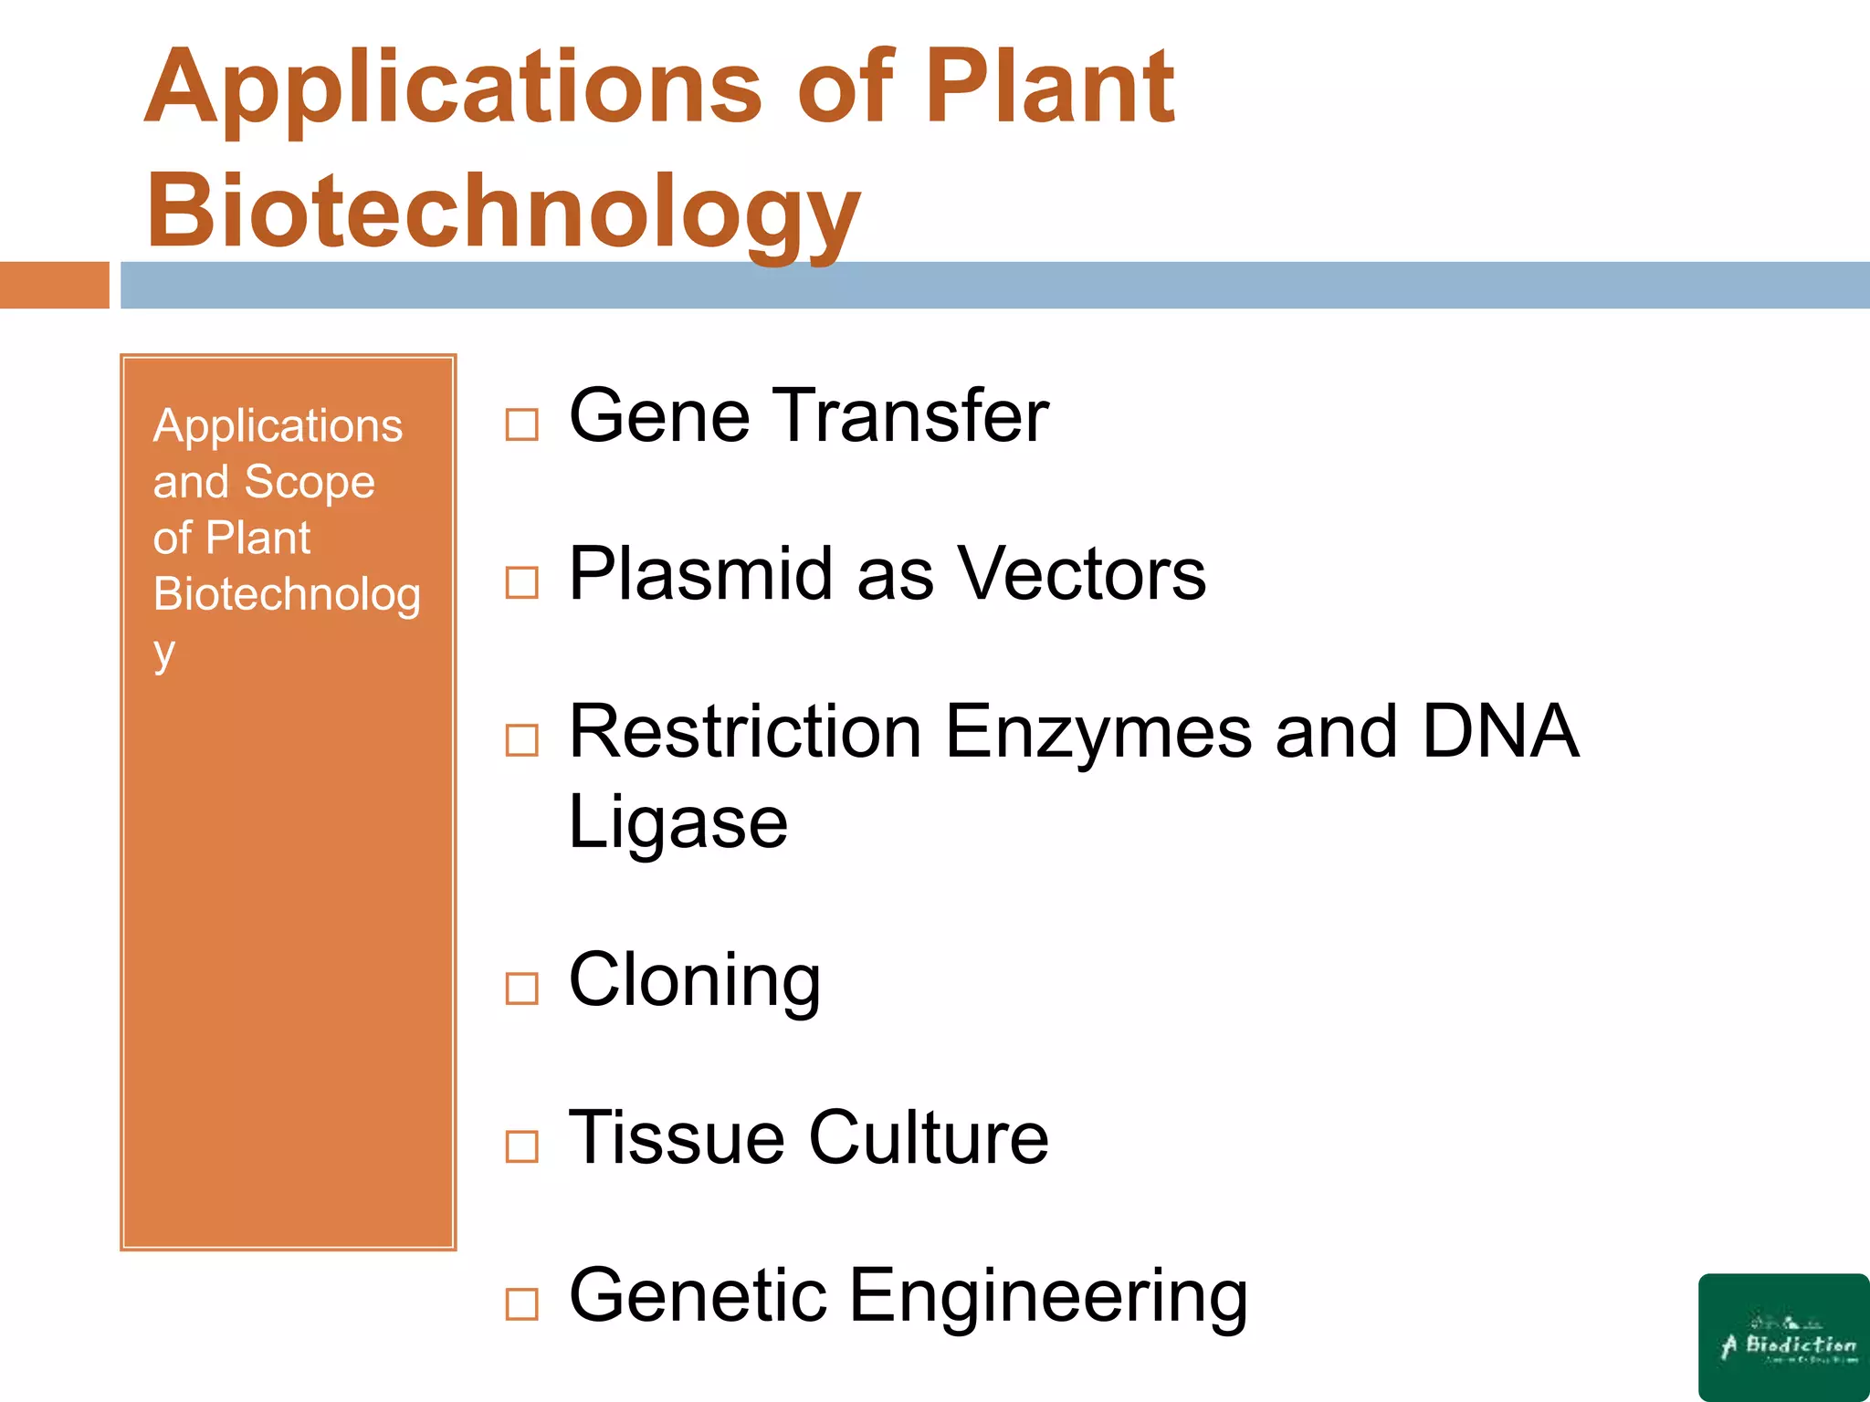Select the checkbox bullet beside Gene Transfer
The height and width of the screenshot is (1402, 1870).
coord(521,424)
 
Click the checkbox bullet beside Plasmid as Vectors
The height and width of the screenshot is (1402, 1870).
coord(521,582)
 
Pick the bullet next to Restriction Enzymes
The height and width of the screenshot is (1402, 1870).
coord(521,740)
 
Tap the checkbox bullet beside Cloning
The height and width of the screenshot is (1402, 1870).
coord(521,989)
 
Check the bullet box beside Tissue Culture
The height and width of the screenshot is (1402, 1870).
coord(521,1146)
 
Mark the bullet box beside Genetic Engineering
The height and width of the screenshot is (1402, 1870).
coord(521,1304)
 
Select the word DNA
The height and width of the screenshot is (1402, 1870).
coord(1500,732)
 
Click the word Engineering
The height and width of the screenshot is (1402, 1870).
coord(1048,1297)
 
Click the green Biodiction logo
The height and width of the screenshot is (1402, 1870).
coord(1783,1336)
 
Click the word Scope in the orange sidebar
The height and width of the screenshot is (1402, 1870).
coord(309,482)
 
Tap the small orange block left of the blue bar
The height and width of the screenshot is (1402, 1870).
coord(54,285)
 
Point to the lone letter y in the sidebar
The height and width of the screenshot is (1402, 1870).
coord(164,652)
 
